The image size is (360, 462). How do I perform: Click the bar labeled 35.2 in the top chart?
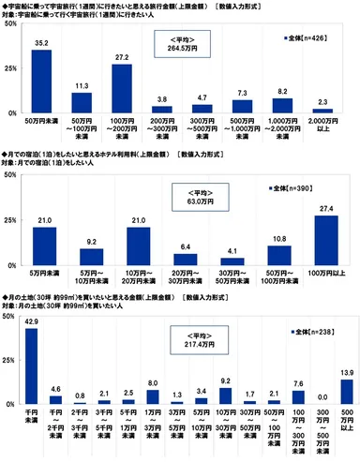click(41, 82)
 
